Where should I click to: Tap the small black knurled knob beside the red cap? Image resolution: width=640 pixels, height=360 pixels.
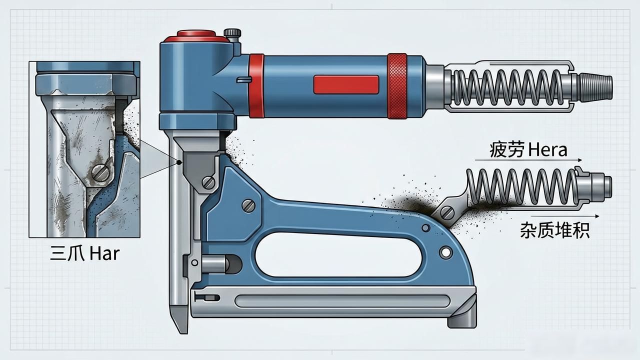click(232, 33)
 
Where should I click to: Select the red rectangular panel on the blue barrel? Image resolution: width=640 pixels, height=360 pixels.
click(346, 84)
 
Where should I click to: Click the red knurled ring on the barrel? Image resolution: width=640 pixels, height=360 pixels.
click(397, 86)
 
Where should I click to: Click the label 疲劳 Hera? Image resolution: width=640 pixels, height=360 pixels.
click(528, 150)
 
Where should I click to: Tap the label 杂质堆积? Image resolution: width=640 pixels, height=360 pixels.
click(554, 230)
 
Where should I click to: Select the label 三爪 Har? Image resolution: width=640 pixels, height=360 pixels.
click(85, 253)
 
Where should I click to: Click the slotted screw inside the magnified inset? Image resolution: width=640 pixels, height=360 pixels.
click(100, 172)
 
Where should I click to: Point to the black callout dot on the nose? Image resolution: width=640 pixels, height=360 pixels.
click(179, 162)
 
